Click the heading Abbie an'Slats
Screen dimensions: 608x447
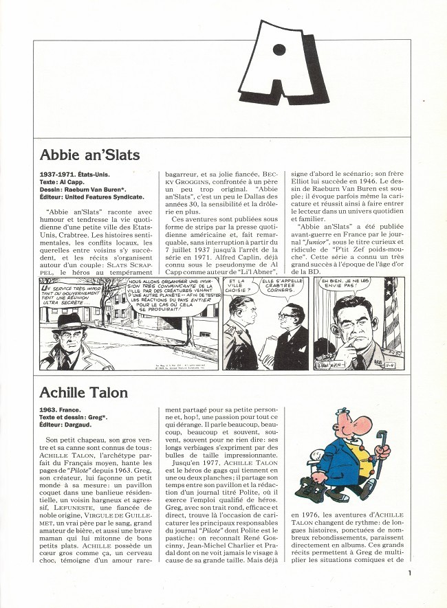(x=90, y=154)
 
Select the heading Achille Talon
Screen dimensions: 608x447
(x=84, y=392)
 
